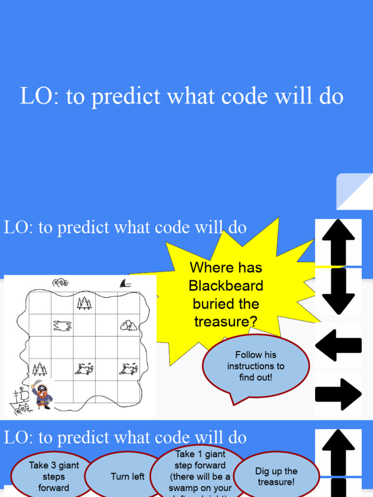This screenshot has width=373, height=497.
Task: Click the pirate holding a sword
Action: [x=42, y=396]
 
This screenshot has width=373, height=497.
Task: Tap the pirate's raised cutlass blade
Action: [x=34, y=387]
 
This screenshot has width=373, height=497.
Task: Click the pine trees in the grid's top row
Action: [x=84, y=303]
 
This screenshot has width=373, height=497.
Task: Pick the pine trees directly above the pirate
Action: [x=39, y=369]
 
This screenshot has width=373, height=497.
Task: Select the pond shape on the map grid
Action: [x=62, y=325]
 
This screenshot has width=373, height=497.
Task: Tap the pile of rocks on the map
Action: [x=128, y=325]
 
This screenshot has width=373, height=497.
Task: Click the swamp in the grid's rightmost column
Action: [x=129, y=369]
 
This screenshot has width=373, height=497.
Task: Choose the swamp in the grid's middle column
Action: [x=84, y=369]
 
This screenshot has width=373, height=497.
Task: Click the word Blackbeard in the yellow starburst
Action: [x=226, y=285]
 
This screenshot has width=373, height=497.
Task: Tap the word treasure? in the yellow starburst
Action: [x=226, y=321]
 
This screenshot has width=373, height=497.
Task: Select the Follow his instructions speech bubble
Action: [x=255, y=366]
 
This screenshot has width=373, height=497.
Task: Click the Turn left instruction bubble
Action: [x=127, y=476]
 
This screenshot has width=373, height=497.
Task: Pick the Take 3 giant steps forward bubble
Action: [x=53, y=476]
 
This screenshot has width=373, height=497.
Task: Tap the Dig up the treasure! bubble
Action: [x=276, y=476]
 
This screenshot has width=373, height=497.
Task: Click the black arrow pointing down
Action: [x=339, y=291]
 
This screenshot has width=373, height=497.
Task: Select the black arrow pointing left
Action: [x=338, y=345]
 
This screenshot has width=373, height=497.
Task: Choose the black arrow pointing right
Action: [x=339, y=394]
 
